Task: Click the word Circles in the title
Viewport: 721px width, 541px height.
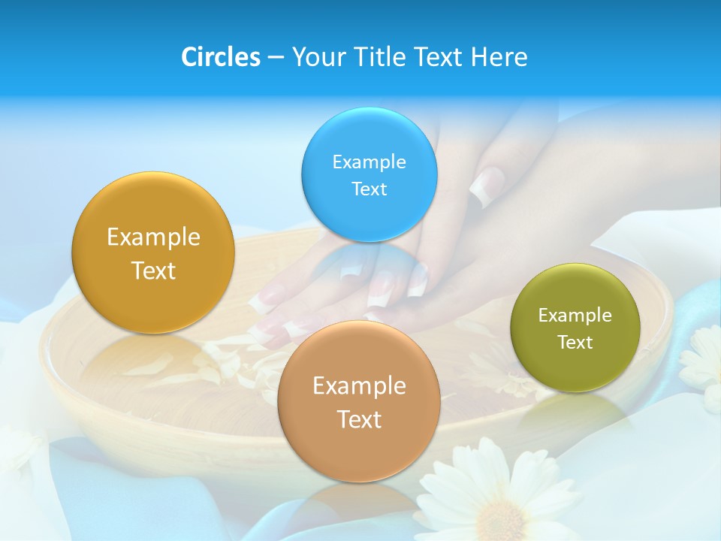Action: click(221, 57)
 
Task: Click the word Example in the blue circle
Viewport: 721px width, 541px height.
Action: click(369, 162)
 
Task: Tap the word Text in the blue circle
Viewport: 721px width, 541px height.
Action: click(369, 189)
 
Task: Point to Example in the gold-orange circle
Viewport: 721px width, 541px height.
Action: click(153, 237)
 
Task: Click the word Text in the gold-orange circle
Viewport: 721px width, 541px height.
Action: click(153, 271)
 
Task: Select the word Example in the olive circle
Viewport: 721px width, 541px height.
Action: click(575, 316)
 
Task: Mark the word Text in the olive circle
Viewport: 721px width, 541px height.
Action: click(575, 343)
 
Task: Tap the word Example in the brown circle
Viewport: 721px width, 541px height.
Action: click(359, 386)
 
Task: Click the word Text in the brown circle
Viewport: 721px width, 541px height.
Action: click(359, 419)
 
